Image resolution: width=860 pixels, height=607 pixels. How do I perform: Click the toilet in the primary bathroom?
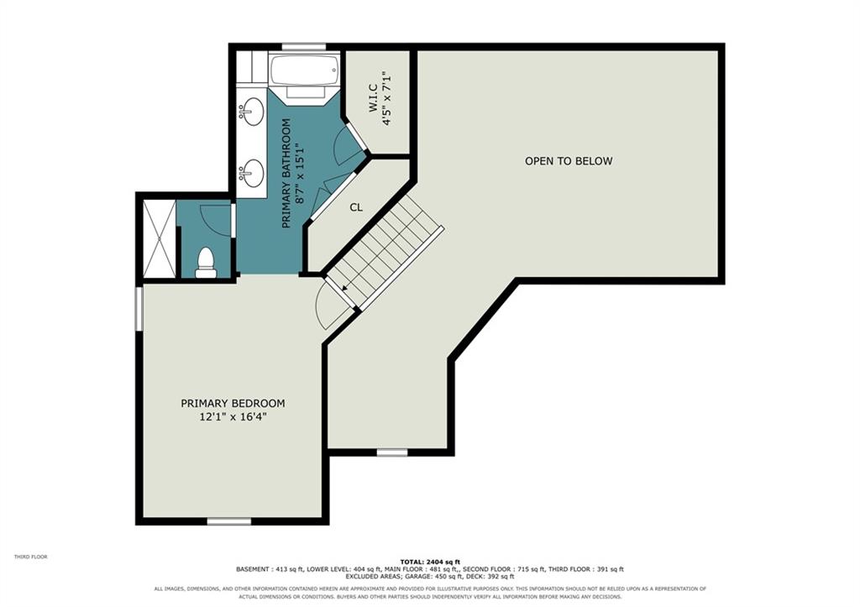[206, 263]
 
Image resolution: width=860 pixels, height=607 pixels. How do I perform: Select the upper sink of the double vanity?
[252, 112]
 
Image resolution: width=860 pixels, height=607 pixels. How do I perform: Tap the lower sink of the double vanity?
[252, 173]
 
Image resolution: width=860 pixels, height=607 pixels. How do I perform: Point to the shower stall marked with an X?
[159, 238]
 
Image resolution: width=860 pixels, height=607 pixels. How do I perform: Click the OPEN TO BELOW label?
[569, 161]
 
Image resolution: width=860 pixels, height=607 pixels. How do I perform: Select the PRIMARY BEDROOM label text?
[233, 404]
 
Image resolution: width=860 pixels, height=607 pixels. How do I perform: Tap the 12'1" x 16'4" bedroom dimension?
[233, 417]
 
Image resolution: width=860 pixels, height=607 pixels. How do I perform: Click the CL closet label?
[356, 207]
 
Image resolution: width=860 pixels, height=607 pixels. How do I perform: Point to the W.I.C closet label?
[372, 98]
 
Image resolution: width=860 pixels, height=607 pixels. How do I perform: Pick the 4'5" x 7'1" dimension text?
[388, 98]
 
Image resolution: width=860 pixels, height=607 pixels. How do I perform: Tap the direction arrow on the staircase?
[345, 287]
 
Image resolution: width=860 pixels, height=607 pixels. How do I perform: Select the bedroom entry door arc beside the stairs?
[323, 307]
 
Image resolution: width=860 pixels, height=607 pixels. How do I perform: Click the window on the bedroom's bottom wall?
[228, 521]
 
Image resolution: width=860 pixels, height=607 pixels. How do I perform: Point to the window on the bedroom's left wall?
[139, 308]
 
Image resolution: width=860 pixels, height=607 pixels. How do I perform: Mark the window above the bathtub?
[304, 47]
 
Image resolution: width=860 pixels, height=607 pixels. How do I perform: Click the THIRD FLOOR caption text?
[31, 557]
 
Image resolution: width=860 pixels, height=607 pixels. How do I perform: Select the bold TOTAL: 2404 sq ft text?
[430, 562]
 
